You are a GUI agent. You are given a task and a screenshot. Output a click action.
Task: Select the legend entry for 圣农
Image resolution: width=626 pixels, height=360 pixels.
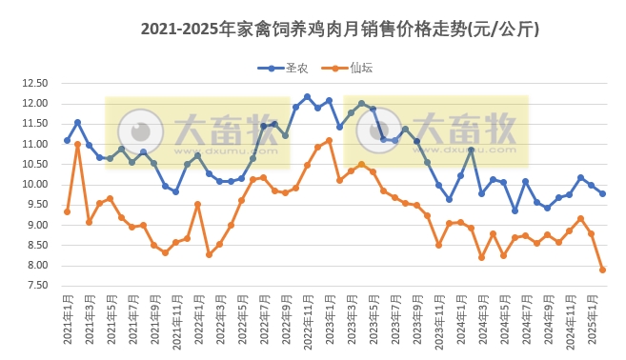pos(290,68)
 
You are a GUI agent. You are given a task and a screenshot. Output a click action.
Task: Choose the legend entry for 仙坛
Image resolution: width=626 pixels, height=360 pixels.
pos(350,68)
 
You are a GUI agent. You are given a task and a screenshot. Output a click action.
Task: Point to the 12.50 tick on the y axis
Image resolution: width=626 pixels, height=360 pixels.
pos(35,84)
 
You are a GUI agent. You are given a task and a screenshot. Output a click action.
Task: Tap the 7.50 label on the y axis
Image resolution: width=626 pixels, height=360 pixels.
pos(35,286)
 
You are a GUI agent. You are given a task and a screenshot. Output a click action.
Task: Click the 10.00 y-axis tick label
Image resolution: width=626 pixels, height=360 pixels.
pos(35,185)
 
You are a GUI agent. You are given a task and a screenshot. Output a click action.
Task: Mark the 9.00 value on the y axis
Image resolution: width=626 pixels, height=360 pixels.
pos(35,226)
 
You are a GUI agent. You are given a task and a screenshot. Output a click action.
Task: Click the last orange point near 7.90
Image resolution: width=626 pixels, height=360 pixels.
pos(602,270)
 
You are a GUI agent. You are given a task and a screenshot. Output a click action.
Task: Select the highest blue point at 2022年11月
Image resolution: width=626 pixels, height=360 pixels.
pos(307,96)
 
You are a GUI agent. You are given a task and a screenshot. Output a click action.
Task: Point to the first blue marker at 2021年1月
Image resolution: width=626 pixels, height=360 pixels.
pos(67,140)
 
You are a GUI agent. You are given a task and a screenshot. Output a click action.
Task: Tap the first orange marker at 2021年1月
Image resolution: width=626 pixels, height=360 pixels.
pos(67,211)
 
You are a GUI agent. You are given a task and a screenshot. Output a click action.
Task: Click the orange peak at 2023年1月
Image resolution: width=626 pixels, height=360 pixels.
pos(329,140)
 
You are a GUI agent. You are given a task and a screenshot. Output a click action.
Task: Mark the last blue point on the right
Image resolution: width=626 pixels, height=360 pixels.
pos(602,193)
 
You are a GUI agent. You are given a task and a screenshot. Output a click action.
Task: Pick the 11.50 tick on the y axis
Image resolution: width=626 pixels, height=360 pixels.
pos(35,124)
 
